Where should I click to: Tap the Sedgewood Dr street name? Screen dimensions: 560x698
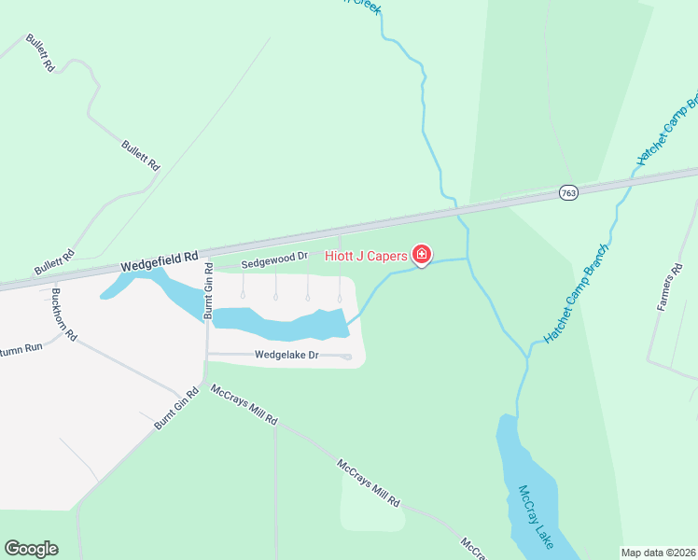click(x=274, y=259)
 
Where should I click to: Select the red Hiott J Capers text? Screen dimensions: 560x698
click(x=367, y=255)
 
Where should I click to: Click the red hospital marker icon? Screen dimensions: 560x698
click(x=422, y=254)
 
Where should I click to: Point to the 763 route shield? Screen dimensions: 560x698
click(x=568, y=192)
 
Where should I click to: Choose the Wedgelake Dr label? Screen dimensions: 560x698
click(x=287, y=356)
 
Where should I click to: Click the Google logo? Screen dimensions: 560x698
click(x=31, y=549)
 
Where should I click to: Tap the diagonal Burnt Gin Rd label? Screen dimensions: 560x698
click(x=177, y=409)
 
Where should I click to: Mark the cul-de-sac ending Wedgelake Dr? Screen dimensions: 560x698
click(x=347, y=357)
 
